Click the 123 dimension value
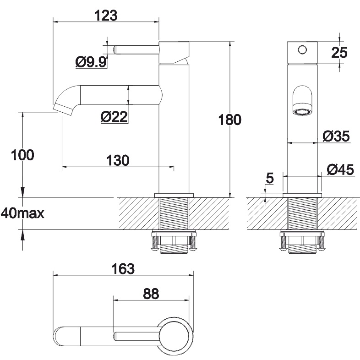[106, 16]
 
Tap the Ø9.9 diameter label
[91, 62]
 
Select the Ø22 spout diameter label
[114, 117]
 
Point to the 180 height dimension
[229, 120]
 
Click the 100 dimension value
[22, 155]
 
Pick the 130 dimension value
[118, 160]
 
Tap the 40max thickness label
[22, 213]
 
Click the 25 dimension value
[339, 53]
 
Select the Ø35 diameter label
[336, 136]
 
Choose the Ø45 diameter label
[340, 170]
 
